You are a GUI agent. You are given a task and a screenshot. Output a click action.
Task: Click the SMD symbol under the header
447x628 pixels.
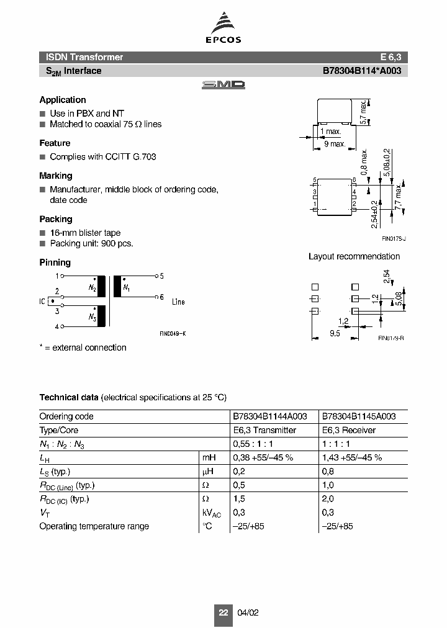pyautogui.click(x=223, y=85)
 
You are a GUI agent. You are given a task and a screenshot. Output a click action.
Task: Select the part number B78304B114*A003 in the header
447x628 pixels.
pyautogui.click(x=362, y=71)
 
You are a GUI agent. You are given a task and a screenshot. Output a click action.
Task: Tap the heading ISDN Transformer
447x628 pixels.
pyautogui.click(x=81, y=57)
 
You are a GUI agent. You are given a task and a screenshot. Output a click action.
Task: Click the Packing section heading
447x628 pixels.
pyautogui.click(x=56, y=219)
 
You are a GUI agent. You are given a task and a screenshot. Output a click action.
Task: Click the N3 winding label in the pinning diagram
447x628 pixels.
pyautogui.click(x=92, y=317)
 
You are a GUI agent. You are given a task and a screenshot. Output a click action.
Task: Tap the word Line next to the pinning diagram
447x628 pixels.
pyautogui.click(x=178, y=302)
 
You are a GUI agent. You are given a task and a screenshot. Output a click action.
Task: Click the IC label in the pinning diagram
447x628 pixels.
pyautogui.click(x=42, y=301)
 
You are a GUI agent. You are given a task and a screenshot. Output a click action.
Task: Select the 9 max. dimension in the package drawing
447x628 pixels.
pyautogui.click(x=335, y=144)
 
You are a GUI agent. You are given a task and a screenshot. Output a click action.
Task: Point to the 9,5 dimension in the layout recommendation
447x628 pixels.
pyautogui.click(x=335, y=333)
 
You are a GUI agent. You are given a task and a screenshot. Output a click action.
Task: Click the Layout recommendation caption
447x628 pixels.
pyautogui.click(x=354, y=256)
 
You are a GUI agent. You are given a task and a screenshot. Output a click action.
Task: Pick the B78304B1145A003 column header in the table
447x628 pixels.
pyautogui.click(x=358, y=416)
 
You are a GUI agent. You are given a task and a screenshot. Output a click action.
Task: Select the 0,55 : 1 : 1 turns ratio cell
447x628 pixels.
pyautogui.click(x=254, y=444)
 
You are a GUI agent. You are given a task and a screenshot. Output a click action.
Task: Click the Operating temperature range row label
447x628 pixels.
pyautogui.click(x=94, y=526)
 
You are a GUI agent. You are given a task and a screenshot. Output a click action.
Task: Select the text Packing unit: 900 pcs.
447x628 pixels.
pyautogui.click(x=91, y=243)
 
